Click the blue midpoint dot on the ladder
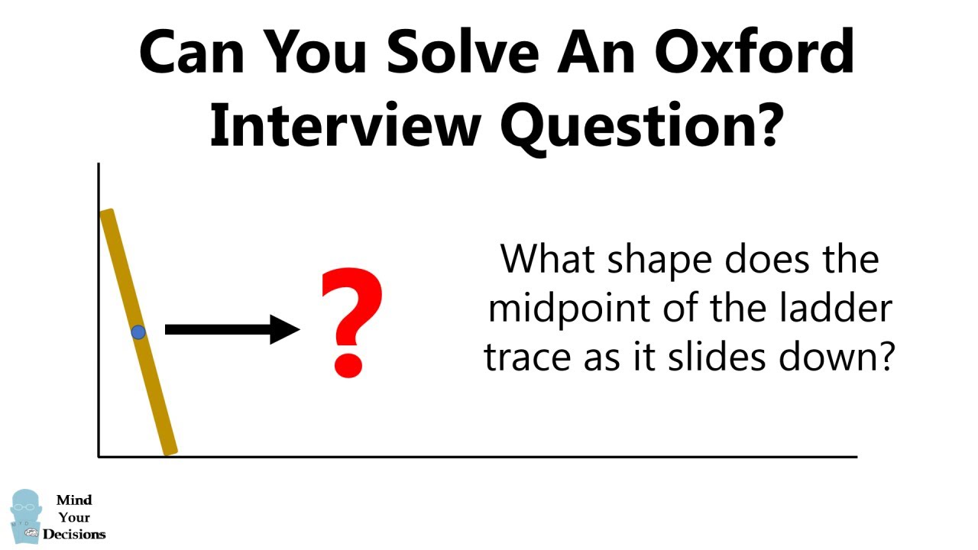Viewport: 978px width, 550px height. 138,332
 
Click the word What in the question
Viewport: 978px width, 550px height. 547,260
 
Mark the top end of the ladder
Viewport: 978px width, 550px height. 107,215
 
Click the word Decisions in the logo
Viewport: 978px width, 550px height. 74,534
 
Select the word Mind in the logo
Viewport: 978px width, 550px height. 74,500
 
